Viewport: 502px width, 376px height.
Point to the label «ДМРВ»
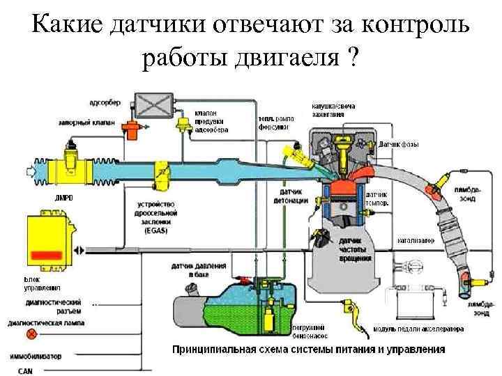(x=64, y=198)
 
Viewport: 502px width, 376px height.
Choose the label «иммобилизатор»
(x=35, y=356)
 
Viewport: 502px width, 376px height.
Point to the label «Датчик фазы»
(x=400, y=144)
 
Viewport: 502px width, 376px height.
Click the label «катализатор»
(x=416, y=240)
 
